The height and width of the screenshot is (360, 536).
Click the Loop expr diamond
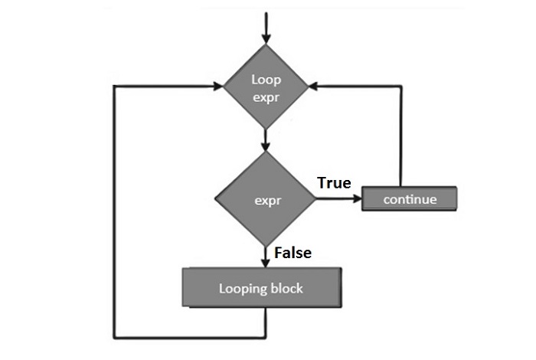pos(265,88)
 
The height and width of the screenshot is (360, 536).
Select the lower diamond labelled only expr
pos(265,200)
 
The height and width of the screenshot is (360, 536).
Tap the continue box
pos(410,199)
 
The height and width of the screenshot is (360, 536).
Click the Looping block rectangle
pos(260,289)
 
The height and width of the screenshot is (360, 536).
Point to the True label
pos(333,183)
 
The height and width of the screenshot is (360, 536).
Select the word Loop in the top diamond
pos(265,79)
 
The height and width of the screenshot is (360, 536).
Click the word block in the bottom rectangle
pos(286,289)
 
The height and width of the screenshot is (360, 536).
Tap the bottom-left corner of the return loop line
pos(115,336)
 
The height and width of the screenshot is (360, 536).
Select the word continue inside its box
pos(410,199)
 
